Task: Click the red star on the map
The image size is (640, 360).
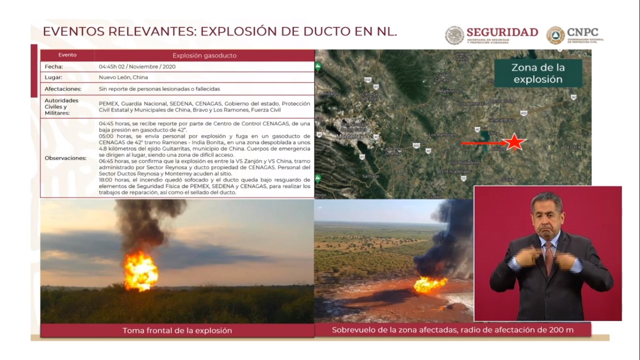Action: pos(514,142)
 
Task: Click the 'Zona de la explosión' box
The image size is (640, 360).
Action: pos(538,74)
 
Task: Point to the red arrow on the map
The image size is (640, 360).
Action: pos(483,143)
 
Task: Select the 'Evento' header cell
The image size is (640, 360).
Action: pos(67,55)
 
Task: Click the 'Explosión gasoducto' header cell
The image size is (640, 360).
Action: pos(204,55)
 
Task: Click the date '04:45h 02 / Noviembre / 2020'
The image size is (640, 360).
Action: pos(137,67)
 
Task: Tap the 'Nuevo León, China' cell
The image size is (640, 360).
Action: pos(123,77)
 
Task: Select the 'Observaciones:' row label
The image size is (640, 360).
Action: pos(66,158)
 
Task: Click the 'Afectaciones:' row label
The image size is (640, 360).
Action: pos(63,89)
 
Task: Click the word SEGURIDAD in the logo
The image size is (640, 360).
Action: pos(502,32)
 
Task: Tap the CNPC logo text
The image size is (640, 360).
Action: pos(582,32)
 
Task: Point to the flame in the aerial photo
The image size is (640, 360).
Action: pos(430,284)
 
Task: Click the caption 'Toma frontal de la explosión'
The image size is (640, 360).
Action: pos(177,330)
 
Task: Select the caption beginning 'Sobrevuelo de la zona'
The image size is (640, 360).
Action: pos(453,330)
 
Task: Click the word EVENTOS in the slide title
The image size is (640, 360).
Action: pos(74,32)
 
